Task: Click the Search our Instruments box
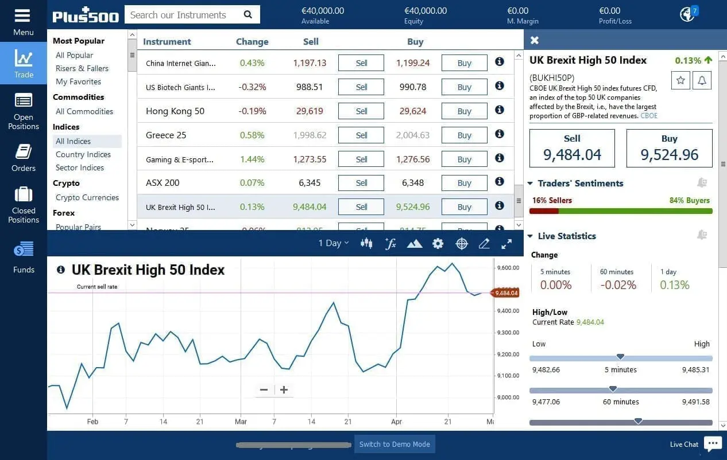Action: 184,15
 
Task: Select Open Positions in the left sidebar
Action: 24,112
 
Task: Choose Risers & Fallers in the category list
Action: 82,68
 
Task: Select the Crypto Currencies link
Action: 87,197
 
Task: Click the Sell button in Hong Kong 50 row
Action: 361,111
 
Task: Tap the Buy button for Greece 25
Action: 464,135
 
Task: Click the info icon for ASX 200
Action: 500,182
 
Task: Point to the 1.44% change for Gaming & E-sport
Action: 252,159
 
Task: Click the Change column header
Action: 252,42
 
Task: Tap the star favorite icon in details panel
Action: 680,80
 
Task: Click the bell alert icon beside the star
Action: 702,80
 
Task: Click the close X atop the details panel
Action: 535,40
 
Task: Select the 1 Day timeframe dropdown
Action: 334,243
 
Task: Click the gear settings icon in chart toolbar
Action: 438,244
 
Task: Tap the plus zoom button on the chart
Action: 284,390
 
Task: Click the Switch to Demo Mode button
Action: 395,445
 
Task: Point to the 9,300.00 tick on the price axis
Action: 508,333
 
